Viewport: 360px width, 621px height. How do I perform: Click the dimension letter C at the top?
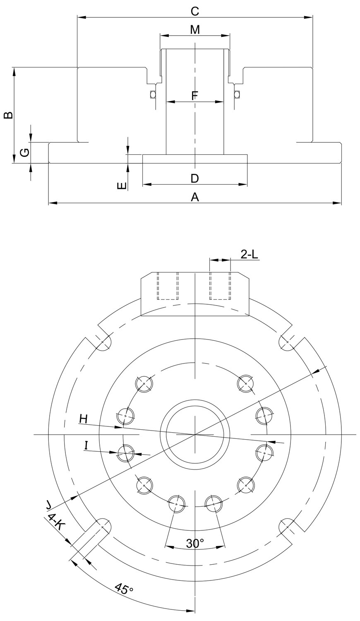pyautogui.click(x=194, y=11)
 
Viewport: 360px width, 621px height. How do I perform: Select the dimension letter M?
pyautogui.click(x=194, y=30)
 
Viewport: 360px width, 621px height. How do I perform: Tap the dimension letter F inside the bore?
pyautogui.click(x=195, y=96)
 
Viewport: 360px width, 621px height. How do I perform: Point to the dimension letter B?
pyautogui.click(x=8, y=115)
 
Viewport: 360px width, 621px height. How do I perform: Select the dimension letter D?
pyautogui.click(x=194, y=178)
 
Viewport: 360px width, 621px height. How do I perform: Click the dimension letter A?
pyautogui.click(x=194, y=197)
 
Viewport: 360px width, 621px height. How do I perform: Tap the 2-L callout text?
pyautogui.click(x=249, y=254)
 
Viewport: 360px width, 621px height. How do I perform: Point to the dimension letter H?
pyautogui.click(x=84, y=419)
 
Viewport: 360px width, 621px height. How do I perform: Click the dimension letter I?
pyautogui.click(x=86, y=445)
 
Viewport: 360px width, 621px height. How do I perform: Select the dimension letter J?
pyautogui.click(x=49, y=504)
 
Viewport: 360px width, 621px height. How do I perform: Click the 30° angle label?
pyautogui.click(x=194, y=543)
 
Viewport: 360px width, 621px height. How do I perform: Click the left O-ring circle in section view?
pyautogui.click(x=153, y=94)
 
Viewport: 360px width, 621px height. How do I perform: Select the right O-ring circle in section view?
pyautogui.click(x=237, y=94)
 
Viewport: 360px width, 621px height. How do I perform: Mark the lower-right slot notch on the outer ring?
pyautogui.click(x=287, y=527)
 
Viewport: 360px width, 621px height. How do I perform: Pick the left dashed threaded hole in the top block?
pyautogui.click(x=168, y=286)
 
